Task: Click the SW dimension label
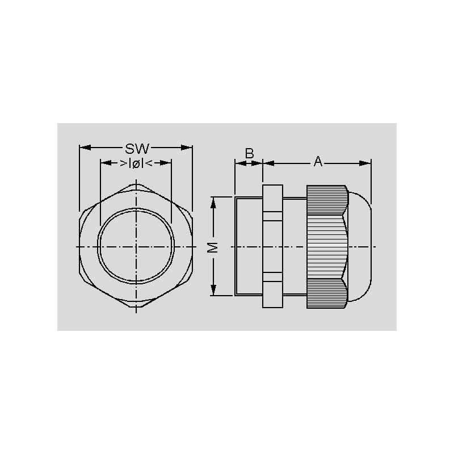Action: pos(137,149)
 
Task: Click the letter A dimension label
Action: pos(318,161)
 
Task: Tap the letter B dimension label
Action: pos(249,153)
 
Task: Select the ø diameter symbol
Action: pos(136,163)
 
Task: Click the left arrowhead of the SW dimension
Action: pos(85,148)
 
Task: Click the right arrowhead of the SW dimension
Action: pos(187,148)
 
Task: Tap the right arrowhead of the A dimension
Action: pos(365,163)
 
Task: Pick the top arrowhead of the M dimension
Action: pos(213,203)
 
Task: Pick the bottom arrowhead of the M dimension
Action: pos(213,290)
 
